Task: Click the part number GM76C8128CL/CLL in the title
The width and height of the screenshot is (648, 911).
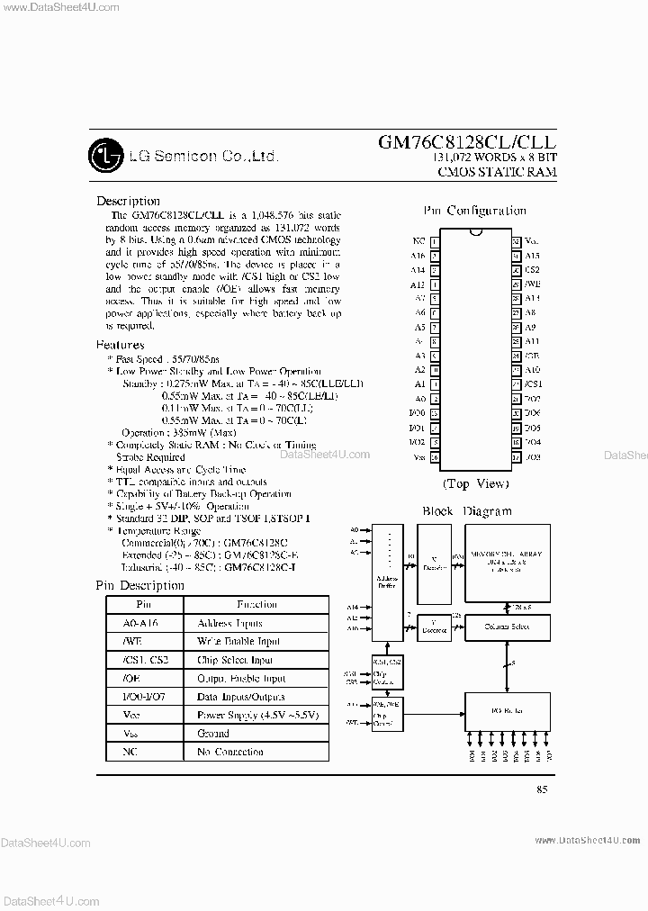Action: coord(466,142)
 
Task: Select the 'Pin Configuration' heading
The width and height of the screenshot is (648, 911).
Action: coord(474,211)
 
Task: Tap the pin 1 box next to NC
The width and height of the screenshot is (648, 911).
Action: coord(435,241)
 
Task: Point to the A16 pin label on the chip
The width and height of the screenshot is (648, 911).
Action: coord(418,256)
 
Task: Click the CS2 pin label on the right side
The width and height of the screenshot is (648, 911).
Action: coord(532,269)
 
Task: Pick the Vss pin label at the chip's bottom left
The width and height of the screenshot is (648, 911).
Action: coord(418,456)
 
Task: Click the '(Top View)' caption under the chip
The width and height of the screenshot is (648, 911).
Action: coord(474,484)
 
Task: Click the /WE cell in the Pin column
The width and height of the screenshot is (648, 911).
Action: coord(143,642)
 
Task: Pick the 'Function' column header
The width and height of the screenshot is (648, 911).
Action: coord(256,604)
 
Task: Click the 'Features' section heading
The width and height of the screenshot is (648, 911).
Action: coord(120,345)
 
